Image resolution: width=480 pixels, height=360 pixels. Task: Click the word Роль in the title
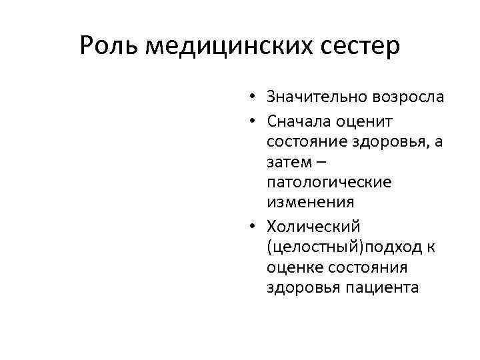coord(109,45)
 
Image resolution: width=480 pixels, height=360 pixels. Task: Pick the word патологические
coord(329,181)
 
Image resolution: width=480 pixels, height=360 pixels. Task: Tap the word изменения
coord(310,201)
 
